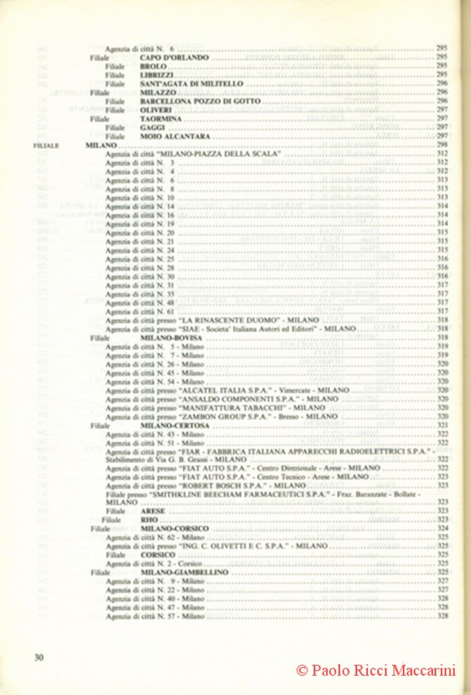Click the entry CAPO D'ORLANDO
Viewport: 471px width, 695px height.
174,57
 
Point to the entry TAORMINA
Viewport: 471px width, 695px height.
161,118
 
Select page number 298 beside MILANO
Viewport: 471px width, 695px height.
443,145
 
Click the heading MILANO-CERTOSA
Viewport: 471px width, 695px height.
175,425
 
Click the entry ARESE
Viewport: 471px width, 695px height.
153,512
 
